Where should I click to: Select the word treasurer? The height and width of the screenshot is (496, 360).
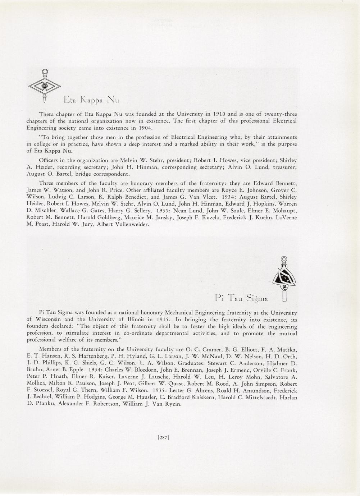tap(282, 167)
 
